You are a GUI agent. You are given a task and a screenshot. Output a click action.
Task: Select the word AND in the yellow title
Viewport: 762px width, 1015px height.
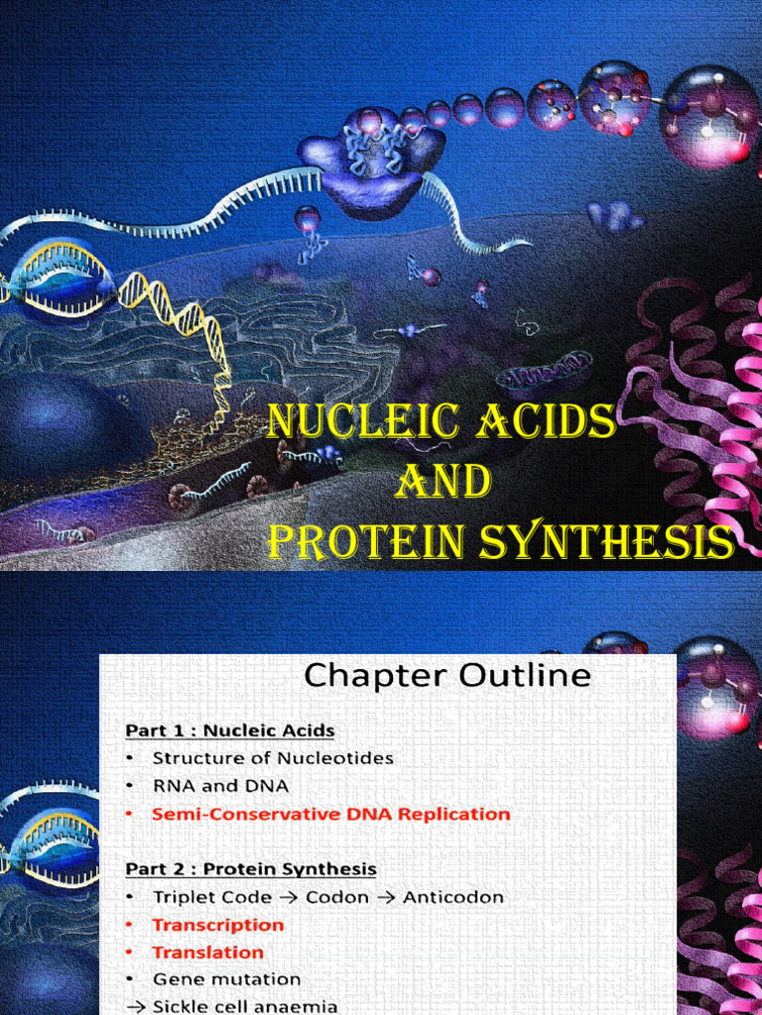[444, 483]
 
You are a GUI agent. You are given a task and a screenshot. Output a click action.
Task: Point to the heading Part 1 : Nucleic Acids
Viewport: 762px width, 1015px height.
[230, 731]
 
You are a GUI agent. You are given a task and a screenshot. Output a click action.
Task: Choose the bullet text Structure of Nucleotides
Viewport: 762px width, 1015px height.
[273, 758]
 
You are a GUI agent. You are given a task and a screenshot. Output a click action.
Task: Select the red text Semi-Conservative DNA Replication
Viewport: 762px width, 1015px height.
[331, 814]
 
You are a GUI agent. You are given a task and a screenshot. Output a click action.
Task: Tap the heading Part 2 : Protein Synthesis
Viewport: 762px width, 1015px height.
[251, 869]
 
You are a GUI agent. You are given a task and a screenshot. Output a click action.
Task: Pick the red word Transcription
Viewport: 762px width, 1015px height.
[217, 925]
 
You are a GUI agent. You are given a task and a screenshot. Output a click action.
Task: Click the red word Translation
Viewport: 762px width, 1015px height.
[207, 953]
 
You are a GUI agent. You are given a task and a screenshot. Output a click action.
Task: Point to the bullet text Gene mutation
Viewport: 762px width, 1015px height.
[226, 979]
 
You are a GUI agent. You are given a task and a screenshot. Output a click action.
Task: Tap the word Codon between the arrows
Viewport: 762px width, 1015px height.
[339, 897]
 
